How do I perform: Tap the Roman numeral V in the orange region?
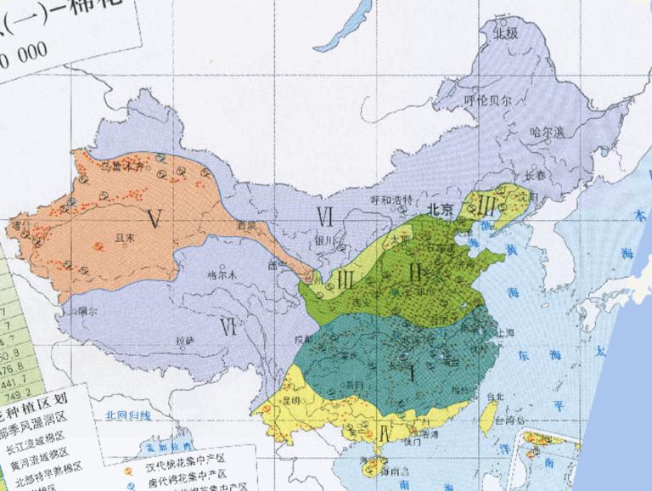(154, 219)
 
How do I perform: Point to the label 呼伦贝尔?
(488, 100)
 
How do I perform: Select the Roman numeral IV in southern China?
(386, 433)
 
